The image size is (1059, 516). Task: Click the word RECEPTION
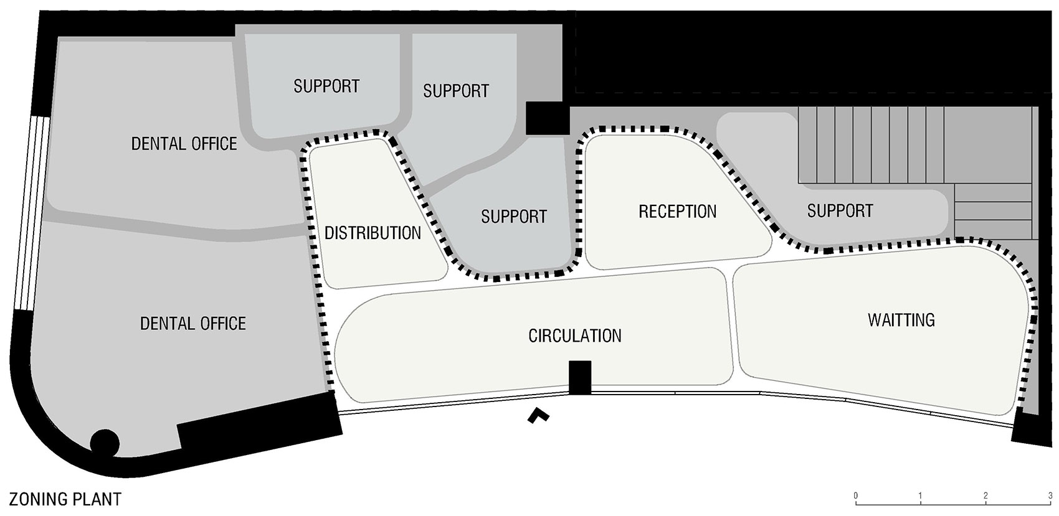tap(678, 211)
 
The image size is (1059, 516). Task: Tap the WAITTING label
tap(901, 321)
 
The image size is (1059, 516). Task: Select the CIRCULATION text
tap(575, 336)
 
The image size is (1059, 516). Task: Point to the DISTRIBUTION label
tap(373, 233)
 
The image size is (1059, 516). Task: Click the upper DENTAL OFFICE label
tap(184, 144)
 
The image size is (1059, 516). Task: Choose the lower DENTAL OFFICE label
tap(193, 324)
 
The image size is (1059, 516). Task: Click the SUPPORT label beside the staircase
tap(840, 211)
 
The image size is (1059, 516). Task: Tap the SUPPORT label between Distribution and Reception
tap(514, 217)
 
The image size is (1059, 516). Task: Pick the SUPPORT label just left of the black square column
tap(456, 91)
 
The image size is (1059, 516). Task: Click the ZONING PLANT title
tap(65, 499)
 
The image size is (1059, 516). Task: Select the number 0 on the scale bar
tap(856, 496)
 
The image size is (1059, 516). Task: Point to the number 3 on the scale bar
tap(1050, 496)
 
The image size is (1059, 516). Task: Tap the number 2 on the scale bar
tap(985, 496)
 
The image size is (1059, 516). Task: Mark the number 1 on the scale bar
tap(921, 496)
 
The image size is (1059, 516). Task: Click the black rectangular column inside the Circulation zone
tap(579, 378)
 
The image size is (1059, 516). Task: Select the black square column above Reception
tap(548, 118)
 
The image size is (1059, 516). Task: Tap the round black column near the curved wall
tap(105, 443)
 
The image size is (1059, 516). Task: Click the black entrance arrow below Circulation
tap(538, 415)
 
